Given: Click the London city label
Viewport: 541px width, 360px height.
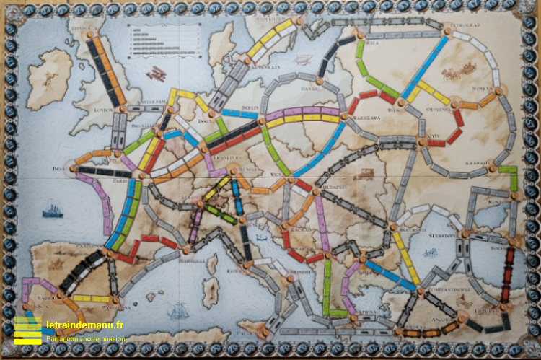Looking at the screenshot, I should (x=105, y=110).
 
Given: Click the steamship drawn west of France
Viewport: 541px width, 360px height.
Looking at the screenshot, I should (x=52, y=210).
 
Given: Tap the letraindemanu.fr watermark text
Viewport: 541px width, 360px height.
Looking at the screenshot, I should (x=84, y=325).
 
